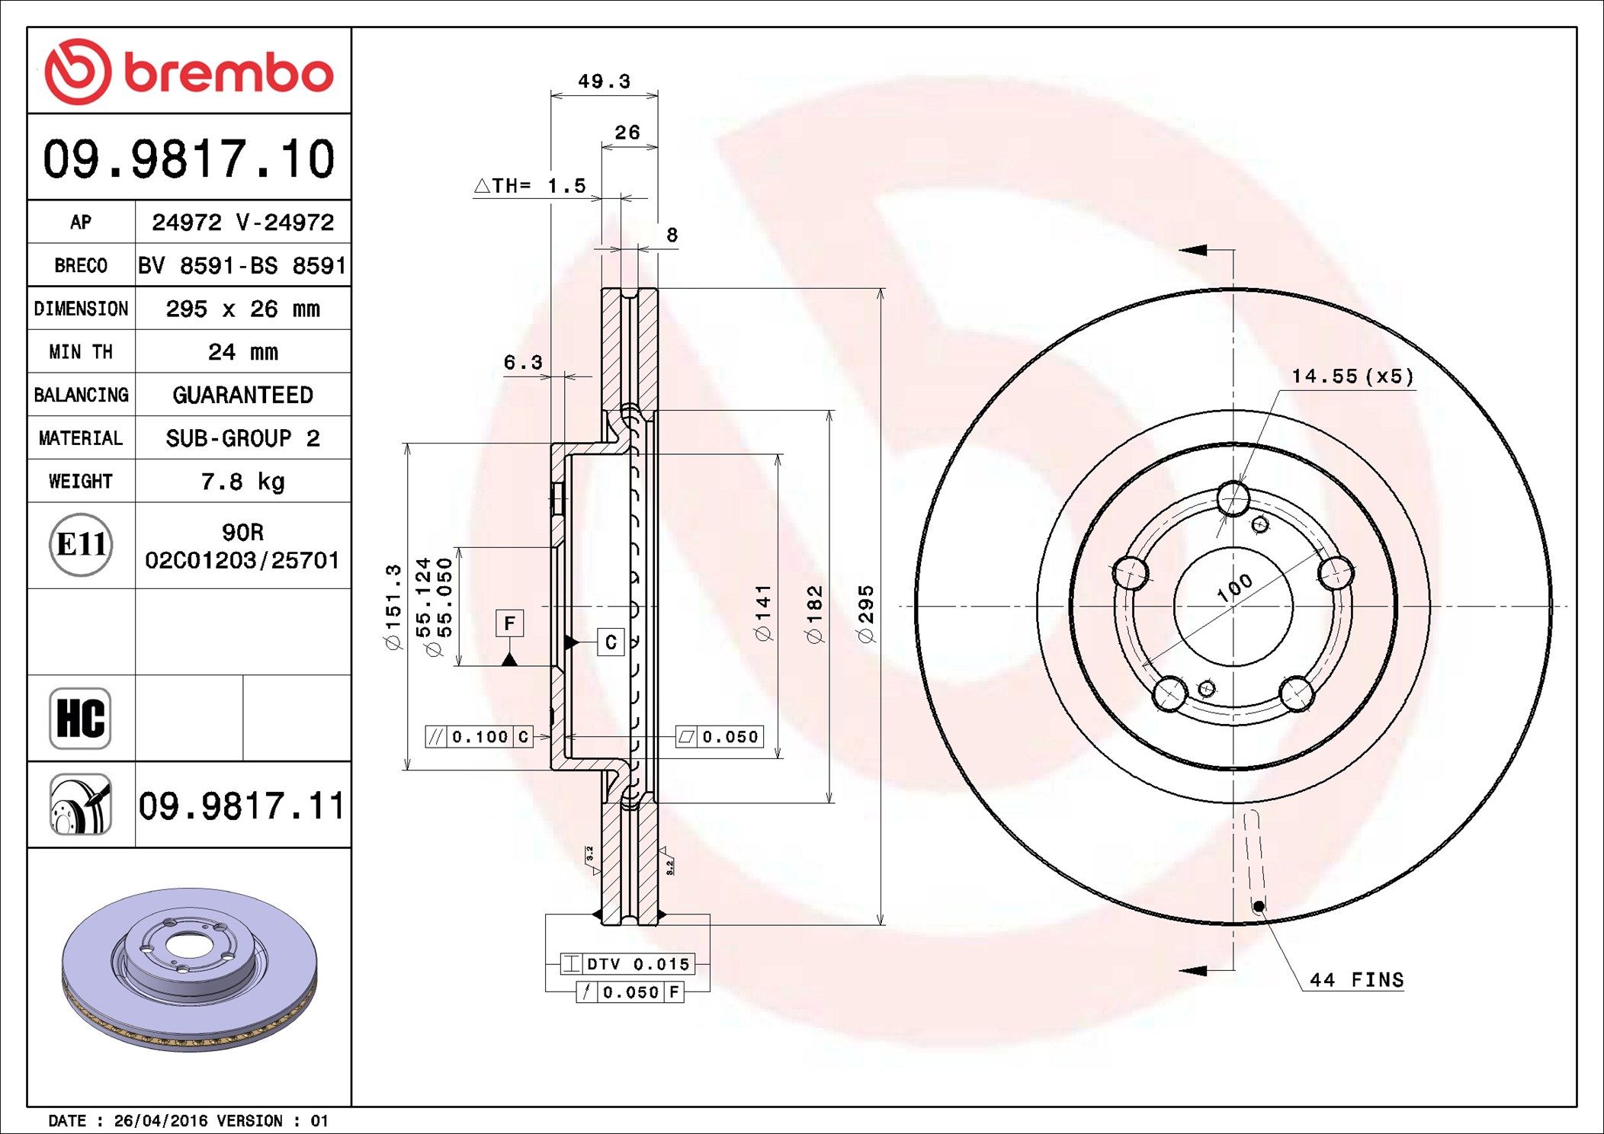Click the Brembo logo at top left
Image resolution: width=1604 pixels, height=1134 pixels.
[189, 72]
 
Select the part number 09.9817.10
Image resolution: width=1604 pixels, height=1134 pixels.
[189, 159]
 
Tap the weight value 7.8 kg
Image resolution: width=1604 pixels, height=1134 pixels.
[242, 482]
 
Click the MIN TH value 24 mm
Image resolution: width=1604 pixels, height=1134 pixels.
[242, 352]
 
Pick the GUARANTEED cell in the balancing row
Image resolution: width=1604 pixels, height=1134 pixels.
[242, 395]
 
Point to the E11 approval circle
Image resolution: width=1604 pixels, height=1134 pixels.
[81, 544]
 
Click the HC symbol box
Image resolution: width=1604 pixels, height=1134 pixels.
[80, 718]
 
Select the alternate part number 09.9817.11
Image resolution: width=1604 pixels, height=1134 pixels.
[242, 806]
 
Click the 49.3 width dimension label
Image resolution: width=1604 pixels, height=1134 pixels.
[604, 81]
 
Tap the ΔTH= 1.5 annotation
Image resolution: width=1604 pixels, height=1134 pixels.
[530, 185]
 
